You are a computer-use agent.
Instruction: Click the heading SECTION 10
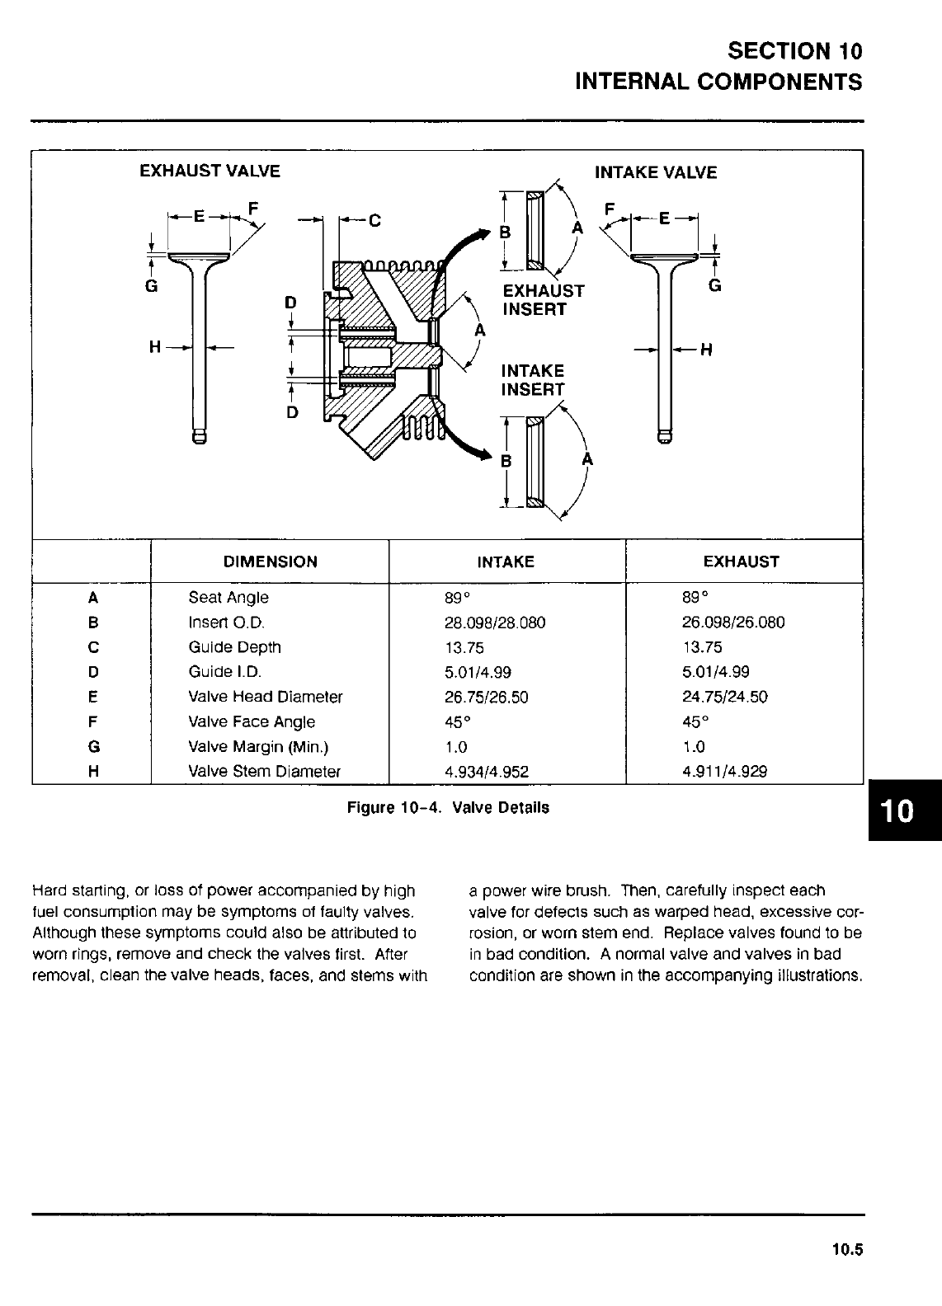coord(795,51)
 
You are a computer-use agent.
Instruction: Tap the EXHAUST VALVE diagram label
coord(210,171)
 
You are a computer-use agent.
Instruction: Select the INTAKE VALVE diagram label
coord(656,172)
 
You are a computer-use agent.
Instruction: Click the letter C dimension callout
coord(375,220)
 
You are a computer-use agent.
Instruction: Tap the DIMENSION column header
coord(270,562)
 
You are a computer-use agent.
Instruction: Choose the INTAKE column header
coord(506,562)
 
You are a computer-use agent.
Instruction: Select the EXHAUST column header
coord(741,562)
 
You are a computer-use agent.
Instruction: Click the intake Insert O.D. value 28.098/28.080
coord(494,622)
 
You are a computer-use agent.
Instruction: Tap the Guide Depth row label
coord(234,647)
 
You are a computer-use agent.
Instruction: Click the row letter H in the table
coord(93,772)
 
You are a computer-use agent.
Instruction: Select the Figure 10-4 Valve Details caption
coord(448,808)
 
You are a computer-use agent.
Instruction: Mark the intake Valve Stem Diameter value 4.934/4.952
coord(486,772)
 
